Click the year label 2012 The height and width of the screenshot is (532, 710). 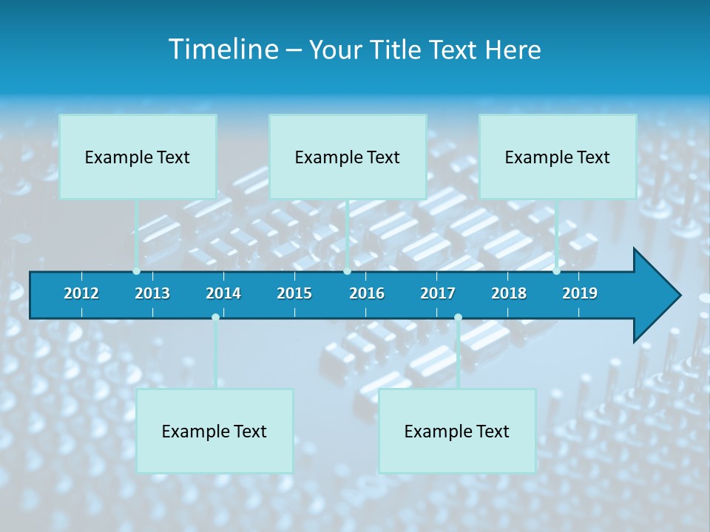pyautogui.click(x=81, y=293)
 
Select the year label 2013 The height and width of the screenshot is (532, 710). pyautogui.click(x=152, y=293)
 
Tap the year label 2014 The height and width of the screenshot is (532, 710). pyautogui.click(x=223, y=293)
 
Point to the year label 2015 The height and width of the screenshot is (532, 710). pyautogui.click(x=294, y=293)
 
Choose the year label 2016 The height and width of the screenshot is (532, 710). pyautogui.click(x=367, y=293)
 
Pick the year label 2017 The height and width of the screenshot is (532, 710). pyautogui.click(x=438, y=293)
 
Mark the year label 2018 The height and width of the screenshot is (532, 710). pyautogui.click(x=509, y=293)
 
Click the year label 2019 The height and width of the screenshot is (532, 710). pyautogui.click(x=580, y=293)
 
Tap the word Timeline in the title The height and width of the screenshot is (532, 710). pyautogui.click(x=223, y=50)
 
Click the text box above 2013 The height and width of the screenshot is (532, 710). pyautogui.click(x=138, y=157)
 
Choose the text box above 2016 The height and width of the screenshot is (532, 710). pyautogui.click(x=348, y=157)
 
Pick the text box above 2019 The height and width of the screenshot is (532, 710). pyautogui.click(x=558, y=157)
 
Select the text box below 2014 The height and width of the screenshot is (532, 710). pyautogui.click(x=214, y=431)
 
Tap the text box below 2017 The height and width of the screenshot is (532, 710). pyautogui.click(x=457, y=431)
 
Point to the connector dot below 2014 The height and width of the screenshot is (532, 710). pyautogui.click(x=215, y=317)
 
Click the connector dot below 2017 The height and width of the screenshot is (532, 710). pyautogui.click(x=458, y=317)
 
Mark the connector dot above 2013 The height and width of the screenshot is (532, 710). pyautogui.click(x=136, y=271)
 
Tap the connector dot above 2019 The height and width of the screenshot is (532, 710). pyautogui.click(x=556, y=271)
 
